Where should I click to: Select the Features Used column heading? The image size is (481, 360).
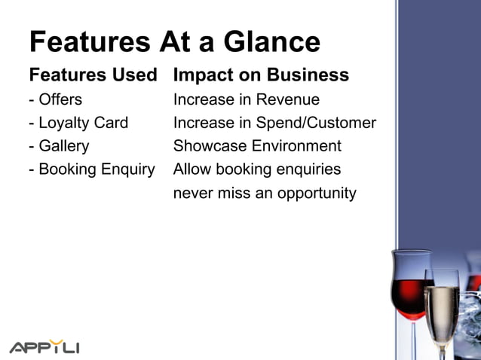[93, 75]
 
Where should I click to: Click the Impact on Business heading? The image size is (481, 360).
[261, 75]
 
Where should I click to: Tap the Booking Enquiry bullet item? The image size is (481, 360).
[91, 169]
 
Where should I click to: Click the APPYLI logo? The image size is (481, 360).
[44, 347]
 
